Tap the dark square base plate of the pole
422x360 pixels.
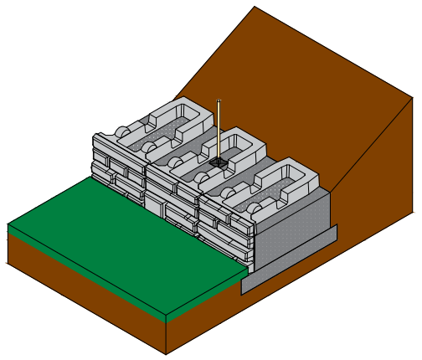pos(219,161)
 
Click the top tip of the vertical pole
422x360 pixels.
pos(219,101)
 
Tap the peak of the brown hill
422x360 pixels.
pos(254,7)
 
